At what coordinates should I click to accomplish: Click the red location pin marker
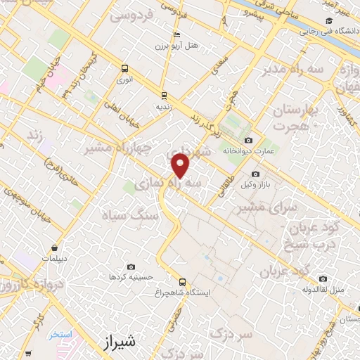tap(181, 166)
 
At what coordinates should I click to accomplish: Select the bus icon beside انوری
tap(124, 68)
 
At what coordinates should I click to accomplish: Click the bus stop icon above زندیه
tap(164, 95)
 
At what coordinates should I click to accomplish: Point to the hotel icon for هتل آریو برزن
tap(176, 34)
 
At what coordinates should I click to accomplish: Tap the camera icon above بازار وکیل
tap(255, 174)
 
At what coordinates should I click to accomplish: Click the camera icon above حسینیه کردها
tap(131, 266)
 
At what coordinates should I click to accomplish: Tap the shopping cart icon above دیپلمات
tap(55, 247)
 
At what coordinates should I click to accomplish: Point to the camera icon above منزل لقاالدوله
tap(322, 278)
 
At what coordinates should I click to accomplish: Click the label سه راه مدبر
tap(291, 70)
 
